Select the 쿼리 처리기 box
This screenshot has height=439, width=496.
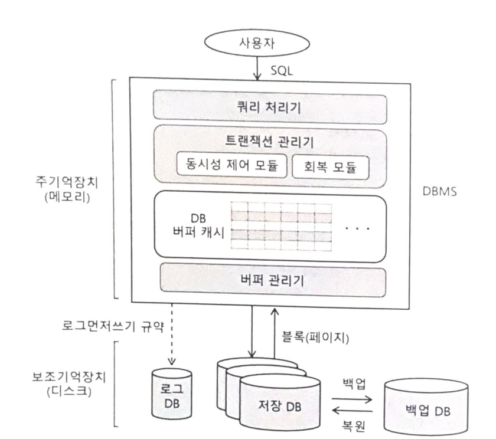click(269, 106)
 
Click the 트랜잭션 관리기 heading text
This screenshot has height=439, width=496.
click(269, 142)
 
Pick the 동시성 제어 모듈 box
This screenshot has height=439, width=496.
click(231, 164)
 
